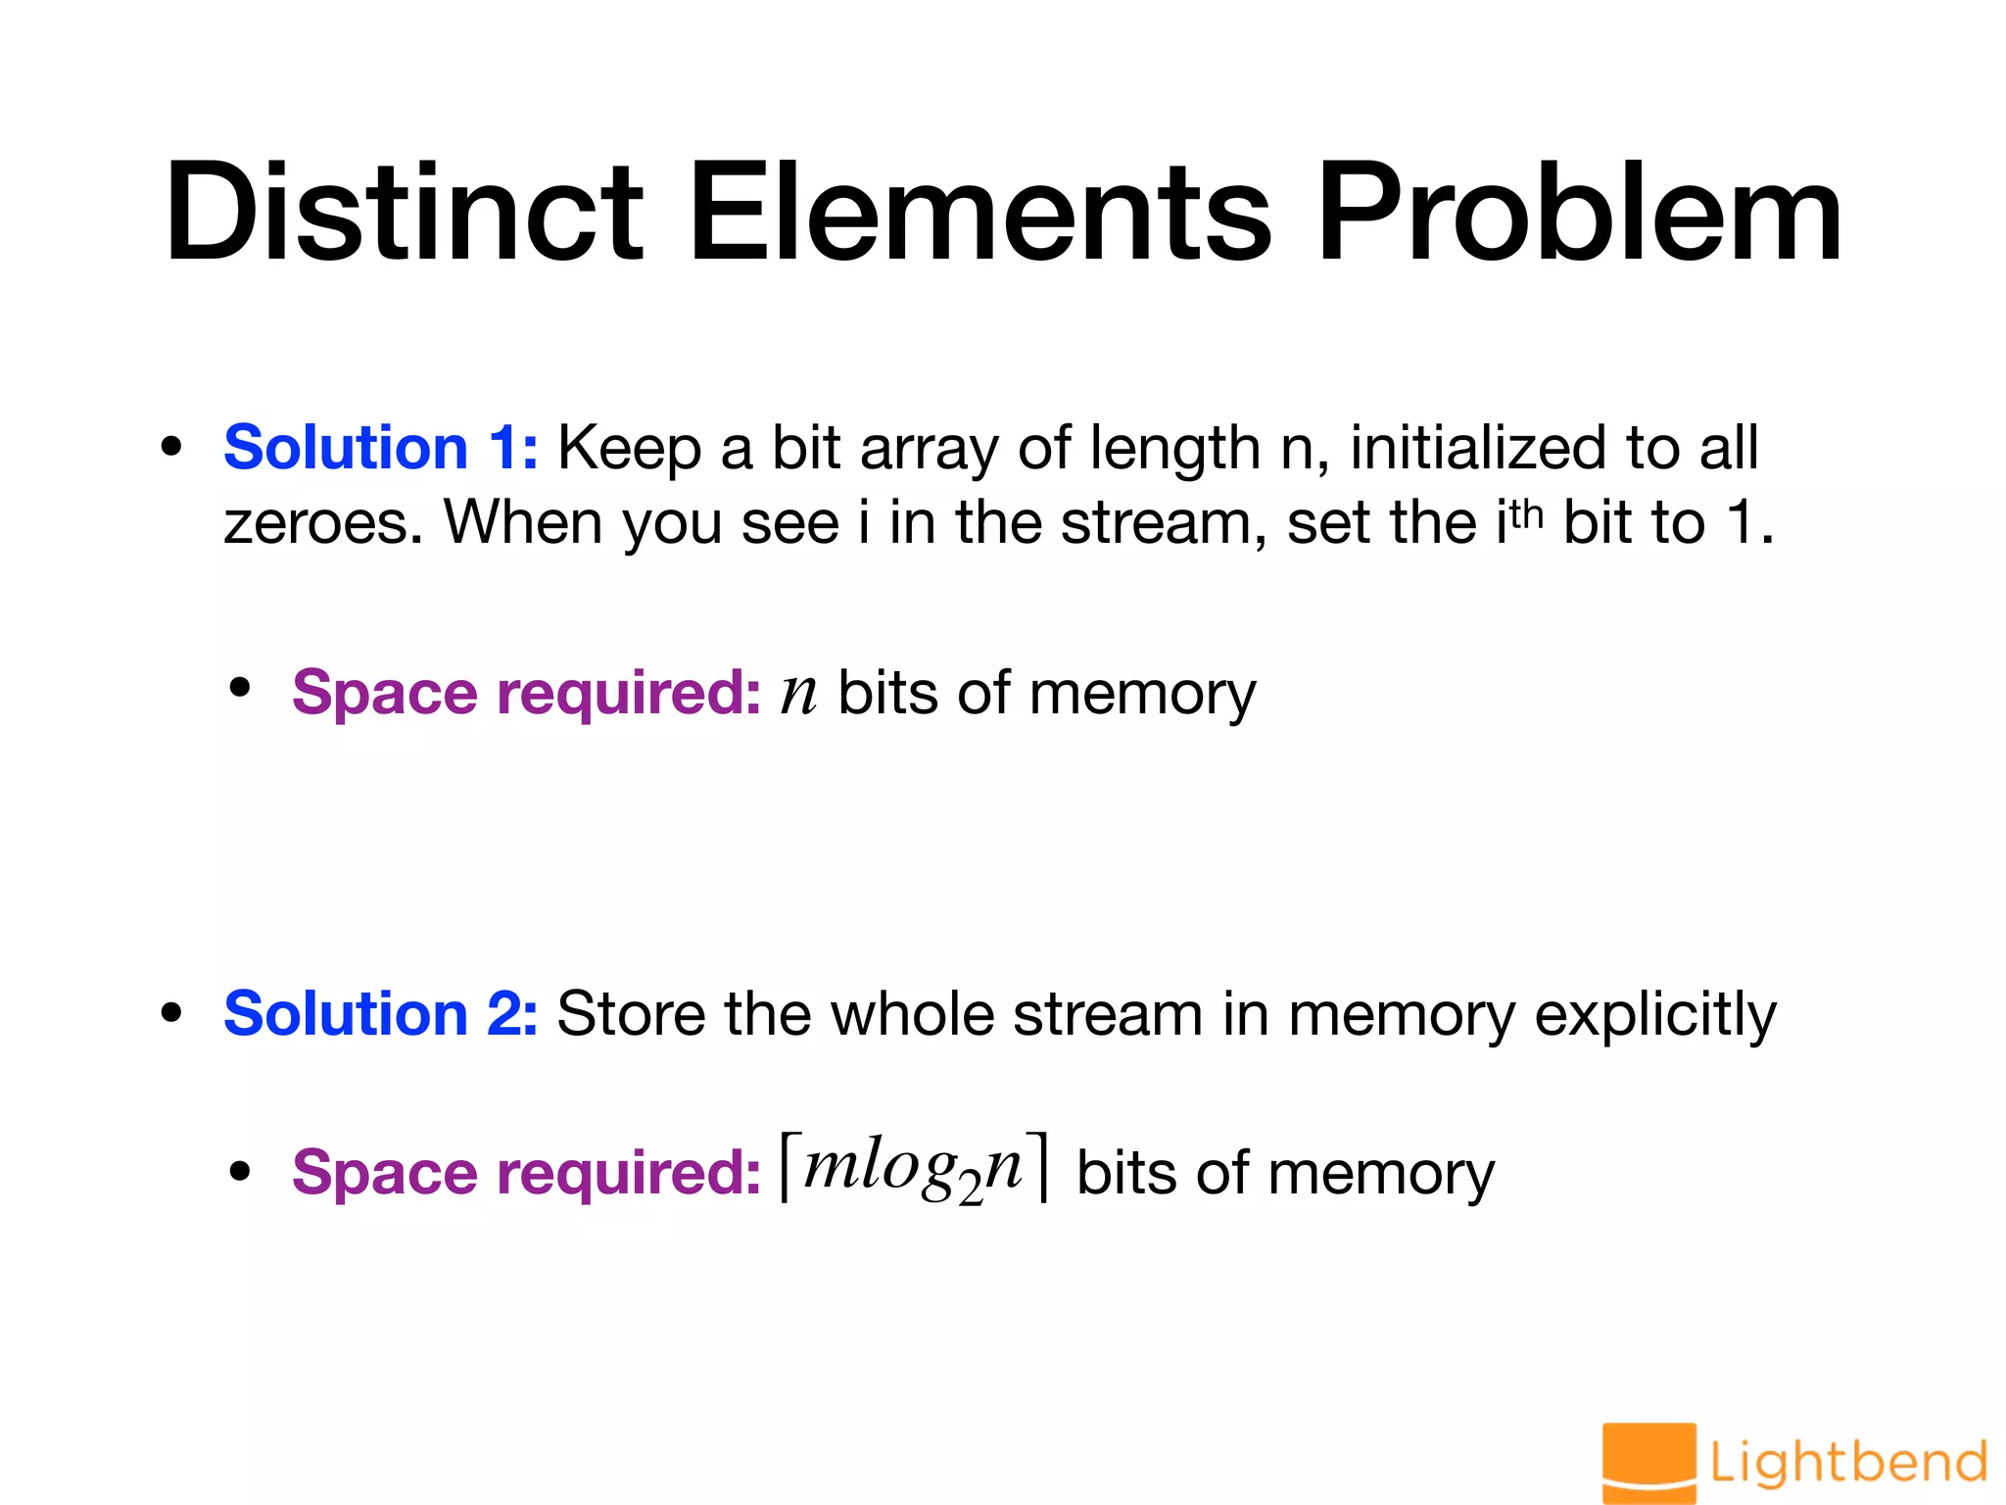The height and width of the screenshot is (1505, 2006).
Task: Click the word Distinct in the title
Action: click(403, 213)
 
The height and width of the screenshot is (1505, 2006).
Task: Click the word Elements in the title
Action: click(979, 213)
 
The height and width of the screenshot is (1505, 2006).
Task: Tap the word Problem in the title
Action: click(1579, 213)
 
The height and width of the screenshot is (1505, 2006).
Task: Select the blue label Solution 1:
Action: click(380, 448)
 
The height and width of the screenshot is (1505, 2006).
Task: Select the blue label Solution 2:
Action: click(380, 1013)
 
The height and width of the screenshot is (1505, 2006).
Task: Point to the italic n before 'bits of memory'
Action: click(798, 694)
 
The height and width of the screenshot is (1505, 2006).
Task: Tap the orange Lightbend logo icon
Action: click(1648, 1462)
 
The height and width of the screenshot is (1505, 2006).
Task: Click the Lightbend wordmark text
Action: click(1848, 1463)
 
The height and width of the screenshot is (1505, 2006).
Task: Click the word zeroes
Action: click(323, 523)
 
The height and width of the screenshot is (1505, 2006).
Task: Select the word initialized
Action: click(1478, 448)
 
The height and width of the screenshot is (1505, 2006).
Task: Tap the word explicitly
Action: click(1655, 1015)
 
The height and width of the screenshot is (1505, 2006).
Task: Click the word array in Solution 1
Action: click(929, 450)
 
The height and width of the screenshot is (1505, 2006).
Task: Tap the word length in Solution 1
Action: click(1174, 450)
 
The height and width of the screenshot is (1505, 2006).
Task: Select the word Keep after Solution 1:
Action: click(629, 450)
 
